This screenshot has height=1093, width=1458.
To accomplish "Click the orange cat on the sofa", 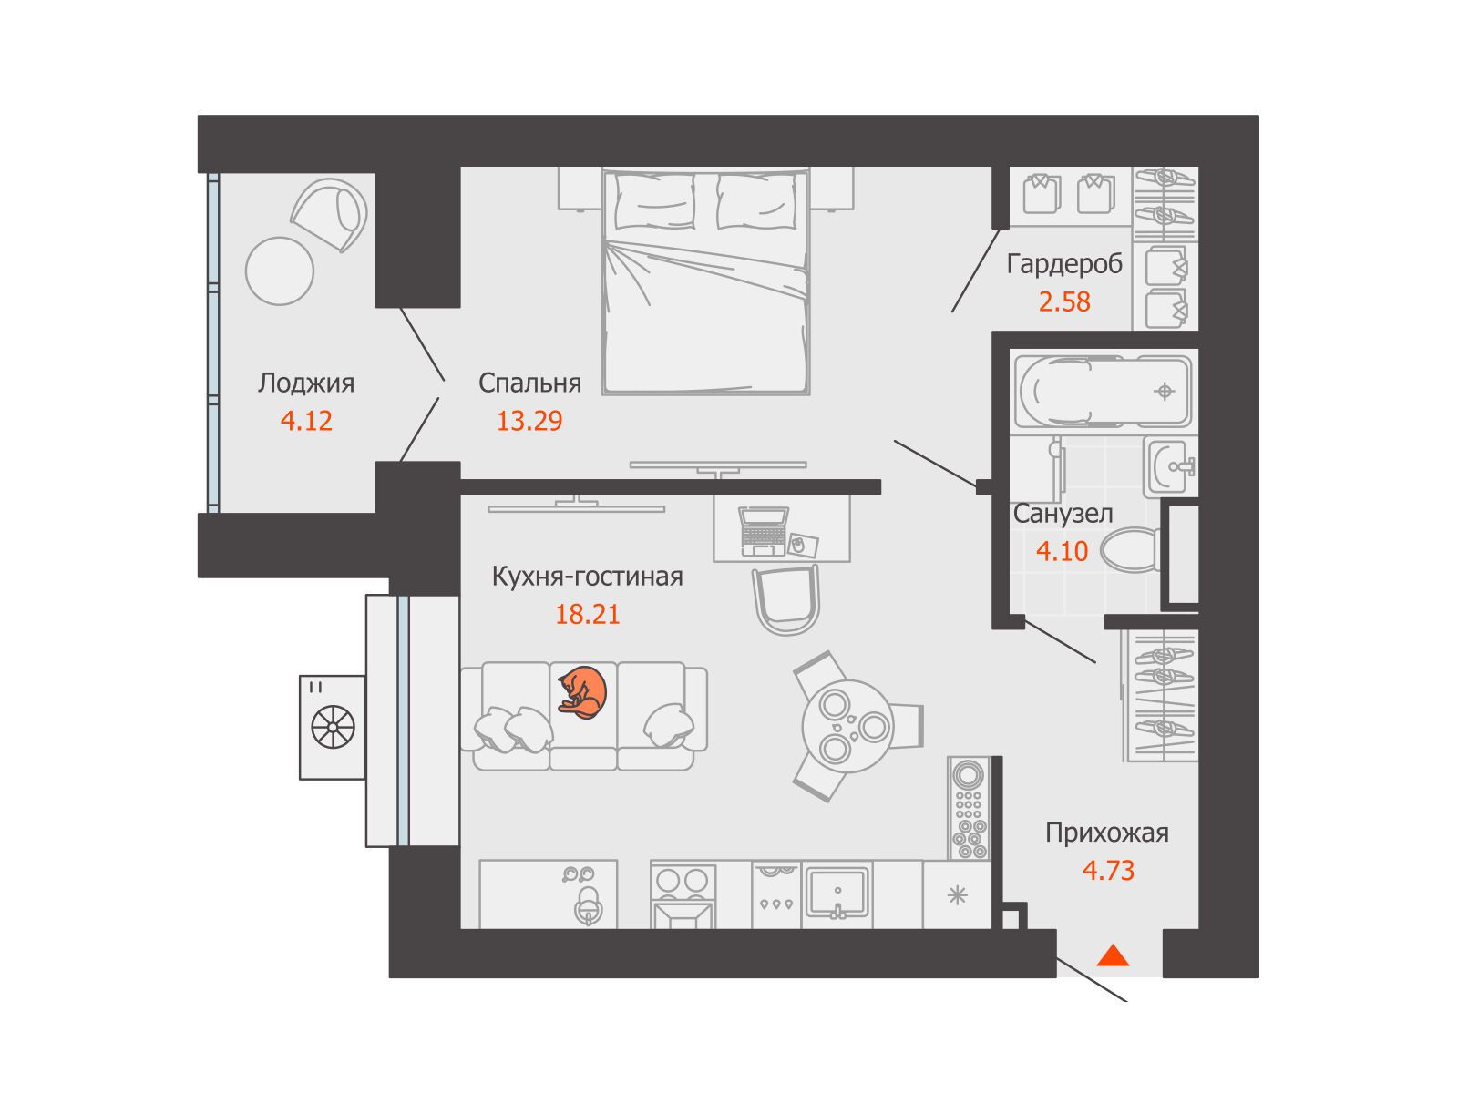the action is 582,692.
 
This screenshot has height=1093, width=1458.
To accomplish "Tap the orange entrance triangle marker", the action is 1113,956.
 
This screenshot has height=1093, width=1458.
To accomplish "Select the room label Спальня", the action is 529,383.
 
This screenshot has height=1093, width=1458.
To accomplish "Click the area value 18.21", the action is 587,614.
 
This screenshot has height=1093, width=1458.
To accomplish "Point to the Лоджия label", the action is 305,383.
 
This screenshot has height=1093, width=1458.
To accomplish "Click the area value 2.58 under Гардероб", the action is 1064,302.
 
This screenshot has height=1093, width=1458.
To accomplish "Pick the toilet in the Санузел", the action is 1130,549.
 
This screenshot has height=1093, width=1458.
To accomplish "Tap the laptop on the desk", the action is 764,531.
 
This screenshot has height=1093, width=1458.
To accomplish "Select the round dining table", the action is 847,726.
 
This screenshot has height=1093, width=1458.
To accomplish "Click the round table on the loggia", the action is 280,271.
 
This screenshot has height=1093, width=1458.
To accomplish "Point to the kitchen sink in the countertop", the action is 837,894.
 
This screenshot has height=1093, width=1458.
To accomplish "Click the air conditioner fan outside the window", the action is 333,727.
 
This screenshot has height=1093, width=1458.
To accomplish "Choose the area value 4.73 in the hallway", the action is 1108,870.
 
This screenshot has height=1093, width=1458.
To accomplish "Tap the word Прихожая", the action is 1106,833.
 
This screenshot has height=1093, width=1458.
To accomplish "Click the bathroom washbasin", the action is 1170,466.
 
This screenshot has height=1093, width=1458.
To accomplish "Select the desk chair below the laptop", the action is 785,600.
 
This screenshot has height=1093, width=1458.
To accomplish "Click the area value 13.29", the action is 529,421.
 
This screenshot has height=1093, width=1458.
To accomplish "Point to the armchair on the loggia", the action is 330,214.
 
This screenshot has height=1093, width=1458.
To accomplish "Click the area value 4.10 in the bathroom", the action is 1062,551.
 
